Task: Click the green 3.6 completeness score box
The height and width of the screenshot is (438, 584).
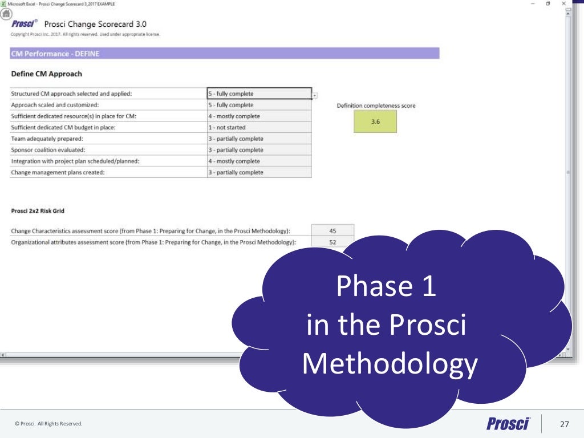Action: point(375,121)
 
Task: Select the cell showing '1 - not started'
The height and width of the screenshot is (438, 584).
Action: point(259,127)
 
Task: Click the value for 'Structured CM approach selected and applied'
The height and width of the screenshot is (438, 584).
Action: point(259,94)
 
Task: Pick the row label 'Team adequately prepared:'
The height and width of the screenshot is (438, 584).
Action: point(47,139)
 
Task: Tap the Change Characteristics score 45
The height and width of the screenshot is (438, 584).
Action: point(332,231)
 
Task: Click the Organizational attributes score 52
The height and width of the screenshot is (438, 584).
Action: point(332,242)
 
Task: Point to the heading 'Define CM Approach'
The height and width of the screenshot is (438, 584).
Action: point(47,74)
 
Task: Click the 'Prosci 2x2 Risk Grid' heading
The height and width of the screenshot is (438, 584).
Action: point(38,211)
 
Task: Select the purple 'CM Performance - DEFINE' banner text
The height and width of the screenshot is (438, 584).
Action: point(47,54)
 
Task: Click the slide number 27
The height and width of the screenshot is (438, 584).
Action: point(565,424)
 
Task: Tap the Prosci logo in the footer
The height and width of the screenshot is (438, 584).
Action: point(508,423)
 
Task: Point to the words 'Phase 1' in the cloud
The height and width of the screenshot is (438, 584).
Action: point(386,286)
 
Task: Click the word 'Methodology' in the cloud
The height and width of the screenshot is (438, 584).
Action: point(389,364)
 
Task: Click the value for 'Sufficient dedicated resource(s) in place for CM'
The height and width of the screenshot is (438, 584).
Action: point(259,116)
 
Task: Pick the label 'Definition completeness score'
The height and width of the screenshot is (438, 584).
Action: point(376,106)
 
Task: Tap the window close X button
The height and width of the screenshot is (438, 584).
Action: point(563,3)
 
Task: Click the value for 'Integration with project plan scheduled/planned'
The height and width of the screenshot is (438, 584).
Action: point(259,161)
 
